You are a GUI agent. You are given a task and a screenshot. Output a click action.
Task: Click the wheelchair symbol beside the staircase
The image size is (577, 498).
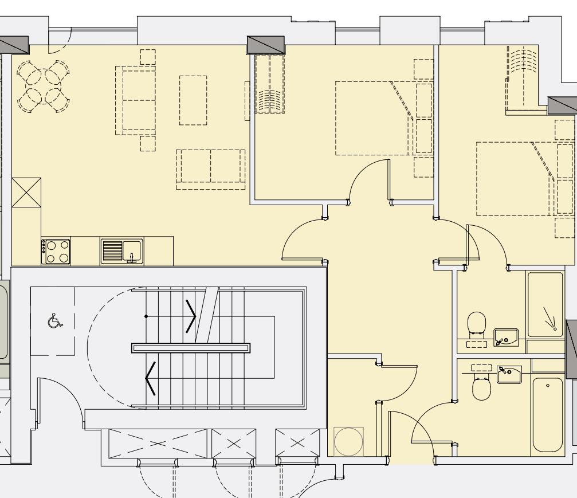tap(55, 321)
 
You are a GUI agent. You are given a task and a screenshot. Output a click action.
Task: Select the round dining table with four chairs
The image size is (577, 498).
tap(43, 87)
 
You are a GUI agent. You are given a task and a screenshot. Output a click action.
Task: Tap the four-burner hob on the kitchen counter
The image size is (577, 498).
tap(56, 251)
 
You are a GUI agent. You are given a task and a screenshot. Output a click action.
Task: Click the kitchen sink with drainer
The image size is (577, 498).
tap(122, 251)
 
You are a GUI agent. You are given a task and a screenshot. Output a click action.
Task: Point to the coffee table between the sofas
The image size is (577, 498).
tap(193, 100)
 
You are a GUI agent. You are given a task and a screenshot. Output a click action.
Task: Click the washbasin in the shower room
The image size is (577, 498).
tap(505, 336)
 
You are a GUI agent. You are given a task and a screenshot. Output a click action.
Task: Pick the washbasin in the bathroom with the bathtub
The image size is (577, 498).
tap(509, 374)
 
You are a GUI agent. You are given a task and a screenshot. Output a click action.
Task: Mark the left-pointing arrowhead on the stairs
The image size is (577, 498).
tap(151, 379)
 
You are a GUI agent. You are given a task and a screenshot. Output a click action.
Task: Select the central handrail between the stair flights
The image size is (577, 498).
tap(191, 347)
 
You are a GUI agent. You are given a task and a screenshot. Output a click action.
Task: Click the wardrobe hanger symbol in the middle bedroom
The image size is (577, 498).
tap(269, 102)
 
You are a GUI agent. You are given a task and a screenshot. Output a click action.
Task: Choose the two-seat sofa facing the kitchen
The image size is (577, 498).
tap(210, 170)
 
